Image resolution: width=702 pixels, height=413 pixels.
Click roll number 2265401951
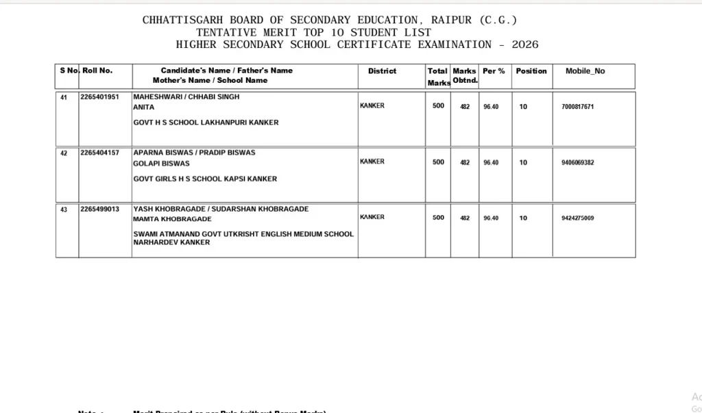point(99,97)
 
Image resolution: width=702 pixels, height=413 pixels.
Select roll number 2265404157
point(99,153)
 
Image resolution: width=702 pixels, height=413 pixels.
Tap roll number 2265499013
point(99,209)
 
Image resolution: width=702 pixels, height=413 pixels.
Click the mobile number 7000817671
point(577,107)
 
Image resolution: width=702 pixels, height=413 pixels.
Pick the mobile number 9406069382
point(577,162)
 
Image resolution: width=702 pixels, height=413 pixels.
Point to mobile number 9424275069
point(577,218)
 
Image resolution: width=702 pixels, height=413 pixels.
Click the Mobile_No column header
point(585,71)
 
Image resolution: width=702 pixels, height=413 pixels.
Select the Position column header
point(531,71)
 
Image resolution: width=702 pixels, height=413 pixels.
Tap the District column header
point(382,71)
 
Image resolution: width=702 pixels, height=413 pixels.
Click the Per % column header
point(494,71)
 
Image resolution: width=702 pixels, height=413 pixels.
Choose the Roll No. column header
point(97,71)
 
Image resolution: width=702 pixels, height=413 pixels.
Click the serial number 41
point(64,97)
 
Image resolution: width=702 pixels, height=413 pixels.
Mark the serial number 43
point(64,210)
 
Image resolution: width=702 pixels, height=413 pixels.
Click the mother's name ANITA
point(143,108)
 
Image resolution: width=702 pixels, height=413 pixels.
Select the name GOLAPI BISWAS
point(161,164)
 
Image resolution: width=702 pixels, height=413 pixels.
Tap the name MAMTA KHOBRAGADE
point(172,219)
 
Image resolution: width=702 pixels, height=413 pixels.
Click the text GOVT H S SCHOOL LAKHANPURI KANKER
point(206,123)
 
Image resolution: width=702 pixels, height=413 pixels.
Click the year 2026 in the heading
point(525,45)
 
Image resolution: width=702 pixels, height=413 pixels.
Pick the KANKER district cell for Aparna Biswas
point(372,162)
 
